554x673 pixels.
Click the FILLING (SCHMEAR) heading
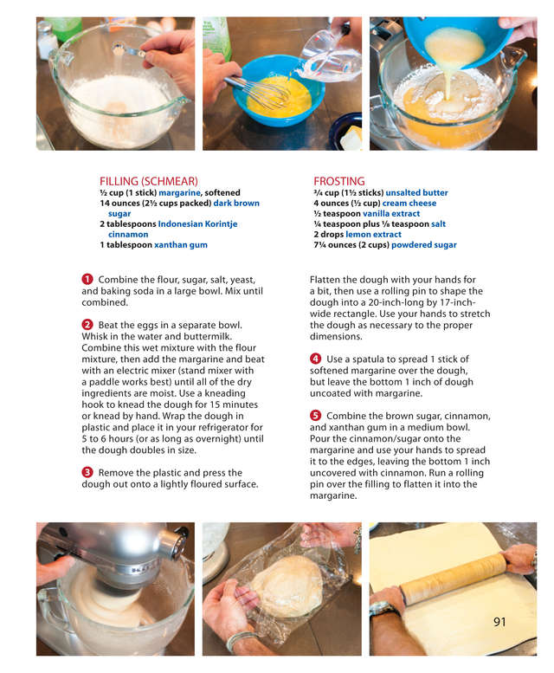coord(148,181)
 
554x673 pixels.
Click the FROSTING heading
coord(338,181)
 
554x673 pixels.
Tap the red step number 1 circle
coord(87,280)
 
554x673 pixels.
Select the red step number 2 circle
coord(87,325)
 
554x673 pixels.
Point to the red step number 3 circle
coord(87,473)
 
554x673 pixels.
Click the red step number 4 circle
coord(315,359)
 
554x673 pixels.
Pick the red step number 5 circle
coord(315,416)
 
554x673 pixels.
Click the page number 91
coord(499,622)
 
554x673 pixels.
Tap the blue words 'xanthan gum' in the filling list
coord(181,244)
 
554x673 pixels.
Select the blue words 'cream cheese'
coord(409,203)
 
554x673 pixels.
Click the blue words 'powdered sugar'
coord(423,244)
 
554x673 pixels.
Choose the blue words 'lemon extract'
coord(373,235)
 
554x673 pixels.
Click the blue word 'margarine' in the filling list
coord(179,192)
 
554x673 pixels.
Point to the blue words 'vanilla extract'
coord(391,213)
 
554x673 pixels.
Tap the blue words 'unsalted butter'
coord(416,192)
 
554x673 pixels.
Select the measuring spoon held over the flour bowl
coord(130,50)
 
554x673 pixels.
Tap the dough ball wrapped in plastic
coord(287,586)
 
